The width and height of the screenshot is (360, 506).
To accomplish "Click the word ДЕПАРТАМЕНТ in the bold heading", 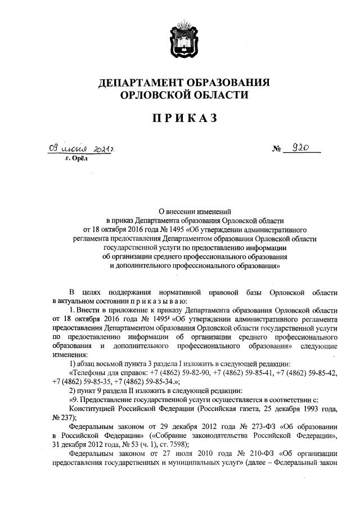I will click(143, 83).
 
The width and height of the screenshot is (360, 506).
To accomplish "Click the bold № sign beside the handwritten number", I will click(277, 150).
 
